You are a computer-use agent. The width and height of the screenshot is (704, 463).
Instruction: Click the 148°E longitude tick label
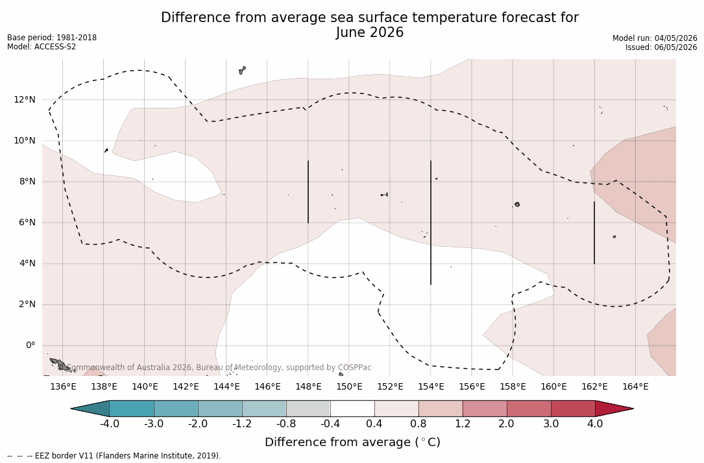(x=308, y=386)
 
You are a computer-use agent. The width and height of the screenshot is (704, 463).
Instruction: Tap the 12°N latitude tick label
(x=24, y=99)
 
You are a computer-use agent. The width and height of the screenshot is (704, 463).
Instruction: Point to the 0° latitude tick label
(x=30, y=345)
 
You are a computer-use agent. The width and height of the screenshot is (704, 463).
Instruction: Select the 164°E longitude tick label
(x=635, y=386)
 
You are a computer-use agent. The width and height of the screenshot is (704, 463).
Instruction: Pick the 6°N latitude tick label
(x=27, y=222)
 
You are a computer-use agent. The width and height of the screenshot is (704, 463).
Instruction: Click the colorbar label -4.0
(x=109, y=424)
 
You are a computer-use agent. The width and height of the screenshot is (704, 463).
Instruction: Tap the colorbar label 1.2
(x=463, y=424)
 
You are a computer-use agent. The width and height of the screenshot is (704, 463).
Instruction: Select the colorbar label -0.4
(x=330, y=424)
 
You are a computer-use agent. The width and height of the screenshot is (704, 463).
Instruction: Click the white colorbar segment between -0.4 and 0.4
(x=352, y=408)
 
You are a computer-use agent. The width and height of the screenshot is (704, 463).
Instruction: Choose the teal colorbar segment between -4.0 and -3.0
(x=132, y=408)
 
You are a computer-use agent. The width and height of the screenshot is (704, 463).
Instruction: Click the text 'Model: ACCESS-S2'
(x=42, y=47)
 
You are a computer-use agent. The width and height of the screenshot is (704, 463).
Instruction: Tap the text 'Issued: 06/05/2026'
(x=661, y=47)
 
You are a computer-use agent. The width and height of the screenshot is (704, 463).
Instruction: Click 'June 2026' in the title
(x=369, y=32)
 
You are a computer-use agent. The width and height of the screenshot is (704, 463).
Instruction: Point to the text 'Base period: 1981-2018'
(x=52, y=38)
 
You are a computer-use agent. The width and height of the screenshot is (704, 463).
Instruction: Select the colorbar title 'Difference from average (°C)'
(x=352, y=442)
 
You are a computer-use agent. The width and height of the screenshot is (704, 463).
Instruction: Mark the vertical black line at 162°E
(x=594, y=233)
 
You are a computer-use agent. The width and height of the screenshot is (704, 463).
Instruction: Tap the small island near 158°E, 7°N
(x=517, y=205)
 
